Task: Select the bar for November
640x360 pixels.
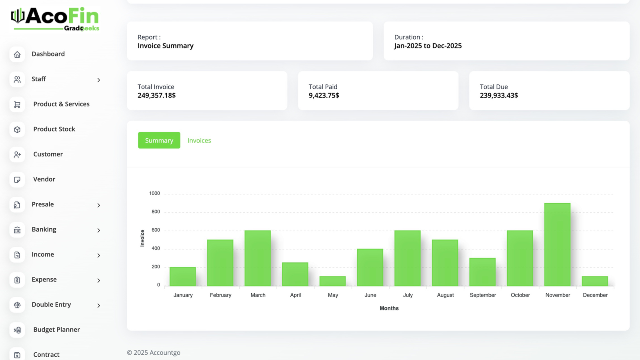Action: point(557,244)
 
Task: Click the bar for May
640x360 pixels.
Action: point(332,281)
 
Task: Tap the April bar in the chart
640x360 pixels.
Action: point(295,274)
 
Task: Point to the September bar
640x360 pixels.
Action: point(482,272)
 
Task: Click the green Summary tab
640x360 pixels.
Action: point(159,140)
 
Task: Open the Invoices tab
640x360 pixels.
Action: point(199,140)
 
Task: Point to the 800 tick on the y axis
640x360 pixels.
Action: point(156,212)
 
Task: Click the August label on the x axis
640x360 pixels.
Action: point(445,295)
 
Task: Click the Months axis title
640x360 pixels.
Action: point(389,308)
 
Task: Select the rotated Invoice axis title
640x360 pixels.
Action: point(142,238)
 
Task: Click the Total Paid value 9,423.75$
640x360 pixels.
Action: point(324,96)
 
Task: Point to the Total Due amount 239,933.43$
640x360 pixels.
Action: point(499,96)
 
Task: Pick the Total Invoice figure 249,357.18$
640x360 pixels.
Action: point(156,96)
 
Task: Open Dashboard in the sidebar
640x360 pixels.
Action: point(48,54)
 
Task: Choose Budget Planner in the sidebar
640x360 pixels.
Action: point(56,330)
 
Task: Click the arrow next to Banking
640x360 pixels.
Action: point(98,230)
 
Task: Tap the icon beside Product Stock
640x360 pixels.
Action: point(17,130)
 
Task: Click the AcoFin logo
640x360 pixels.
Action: point(55,19)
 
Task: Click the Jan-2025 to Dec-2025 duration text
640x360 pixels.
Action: point(428,46)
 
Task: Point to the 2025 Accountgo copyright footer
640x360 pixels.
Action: point(154,353)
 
